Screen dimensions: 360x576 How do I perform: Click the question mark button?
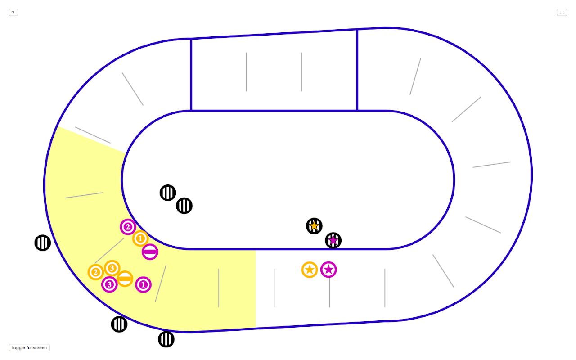coord(13,13)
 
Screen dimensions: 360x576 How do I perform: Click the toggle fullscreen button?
coord(29,348)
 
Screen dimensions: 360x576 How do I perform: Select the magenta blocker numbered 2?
coord(128,227)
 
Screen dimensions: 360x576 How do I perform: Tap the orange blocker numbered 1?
coord(140,238)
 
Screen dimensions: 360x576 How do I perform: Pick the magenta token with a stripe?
coord(150,252)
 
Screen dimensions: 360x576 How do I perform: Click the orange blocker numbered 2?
coord(95,272)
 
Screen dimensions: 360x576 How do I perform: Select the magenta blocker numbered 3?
coord(109,284)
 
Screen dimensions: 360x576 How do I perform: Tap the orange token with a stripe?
coord(125,279)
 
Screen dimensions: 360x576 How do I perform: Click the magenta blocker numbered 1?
coord(143,284)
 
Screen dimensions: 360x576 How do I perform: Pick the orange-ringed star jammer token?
coord(310,270)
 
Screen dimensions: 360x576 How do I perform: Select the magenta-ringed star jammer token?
coord(328,270)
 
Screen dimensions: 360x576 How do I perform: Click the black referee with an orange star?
coord(314,226)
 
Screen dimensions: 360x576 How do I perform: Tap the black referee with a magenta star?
coord(333,240)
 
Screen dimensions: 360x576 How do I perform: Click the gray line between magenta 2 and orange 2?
coord(109,251)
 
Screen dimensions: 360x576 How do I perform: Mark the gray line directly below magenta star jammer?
coord(329,295)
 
